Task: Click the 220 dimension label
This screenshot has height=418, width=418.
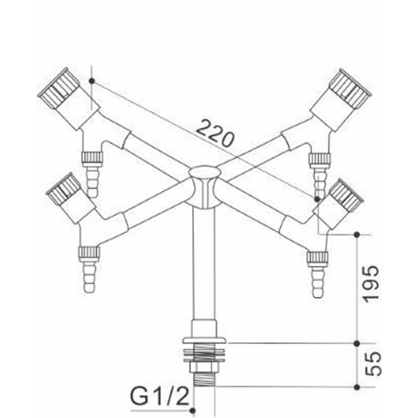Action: point(215,133)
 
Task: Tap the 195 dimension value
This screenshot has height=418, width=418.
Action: point(370,284)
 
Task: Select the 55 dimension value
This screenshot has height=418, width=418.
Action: point(373,364)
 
